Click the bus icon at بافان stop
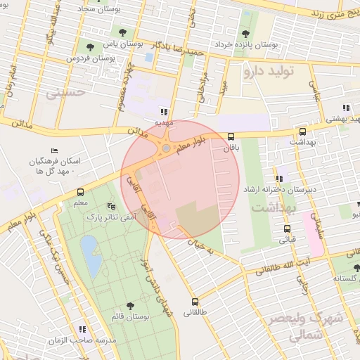pos(231,137)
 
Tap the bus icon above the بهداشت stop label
pos(302,131)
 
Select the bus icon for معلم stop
pos(81,192)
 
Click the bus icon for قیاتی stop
pos(287,229)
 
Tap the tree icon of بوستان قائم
pos(130,306)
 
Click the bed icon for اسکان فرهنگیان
pos(55,151)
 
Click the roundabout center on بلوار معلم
pos(166,148)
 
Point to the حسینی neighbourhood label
pos(65,91)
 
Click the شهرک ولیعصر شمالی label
pos(305,328)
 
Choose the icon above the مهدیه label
pos(165,111)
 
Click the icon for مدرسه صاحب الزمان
pos(82,329)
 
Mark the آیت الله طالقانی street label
pos(314,261)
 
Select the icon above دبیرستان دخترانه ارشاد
pos(280,179)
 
